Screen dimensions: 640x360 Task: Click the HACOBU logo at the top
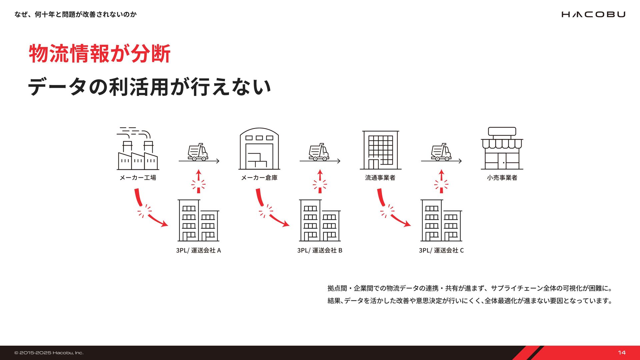point(593,14)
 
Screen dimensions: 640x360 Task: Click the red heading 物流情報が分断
point(100,53)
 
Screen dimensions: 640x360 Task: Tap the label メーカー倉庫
point(259,178)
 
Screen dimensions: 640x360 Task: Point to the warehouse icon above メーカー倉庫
point(259,149)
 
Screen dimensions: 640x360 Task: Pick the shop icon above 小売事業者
point(502,149)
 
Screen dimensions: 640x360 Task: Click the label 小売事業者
point(502,178)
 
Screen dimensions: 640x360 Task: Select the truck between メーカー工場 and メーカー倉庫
point(198,152)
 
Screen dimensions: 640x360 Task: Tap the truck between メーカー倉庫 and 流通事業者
point(319,152)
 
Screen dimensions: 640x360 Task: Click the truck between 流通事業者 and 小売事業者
point(441,152)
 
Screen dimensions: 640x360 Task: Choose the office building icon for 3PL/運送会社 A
point(198,220)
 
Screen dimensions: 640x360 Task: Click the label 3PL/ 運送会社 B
point(320,250)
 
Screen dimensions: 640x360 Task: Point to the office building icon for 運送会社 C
point(441,220)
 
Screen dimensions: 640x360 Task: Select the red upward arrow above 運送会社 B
point(320,182)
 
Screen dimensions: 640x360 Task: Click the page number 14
point(622,353)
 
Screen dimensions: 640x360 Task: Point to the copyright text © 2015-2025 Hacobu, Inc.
point(49,353)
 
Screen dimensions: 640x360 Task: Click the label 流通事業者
point(380,178)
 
